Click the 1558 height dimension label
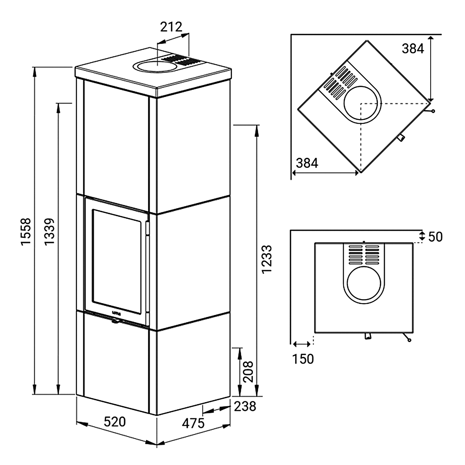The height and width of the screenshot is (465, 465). (x=26, y=231)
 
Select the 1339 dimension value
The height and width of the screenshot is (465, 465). (x=49, y=231)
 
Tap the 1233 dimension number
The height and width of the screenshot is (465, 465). (x=267, y=259)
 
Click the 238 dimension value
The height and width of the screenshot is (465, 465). (x=245, y=406)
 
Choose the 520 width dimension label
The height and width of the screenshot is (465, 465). (x=115, y=422)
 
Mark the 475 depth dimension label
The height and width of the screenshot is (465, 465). (x=193, y=423)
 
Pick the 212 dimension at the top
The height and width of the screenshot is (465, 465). (x=171, y=27)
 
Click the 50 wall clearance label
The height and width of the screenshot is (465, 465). (x=435, y=237)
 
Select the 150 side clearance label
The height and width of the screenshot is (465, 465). (x=303, y=359)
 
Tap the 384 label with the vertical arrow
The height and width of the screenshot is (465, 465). (x=413, y=49)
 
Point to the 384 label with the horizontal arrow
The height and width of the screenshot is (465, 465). (x=307, y=163)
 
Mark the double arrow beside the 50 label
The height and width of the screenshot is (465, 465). (x=422, y=236)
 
